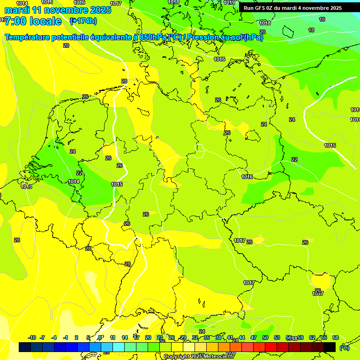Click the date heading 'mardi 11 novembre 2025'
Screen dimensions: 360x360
[58, 10]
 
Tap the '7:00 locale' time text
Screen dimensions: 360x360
[33, 21]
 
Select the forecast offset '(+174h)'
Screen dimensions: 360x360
[83, 21]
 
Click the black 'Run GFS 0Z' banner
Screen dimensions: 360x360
[292, 8]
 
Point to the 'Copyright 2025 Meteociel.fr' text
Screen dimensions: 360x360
[199, 357]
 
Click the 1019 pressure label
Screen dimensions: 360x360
[229, 3]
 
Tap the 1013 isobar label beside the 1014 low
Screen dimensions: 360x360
[26, 187]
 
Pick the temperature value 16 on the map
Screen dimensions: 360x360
[322, 19]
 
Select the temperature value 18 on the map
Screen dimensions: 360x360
[311, 30]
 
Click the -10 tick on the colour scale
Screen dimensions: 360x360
[32, 337]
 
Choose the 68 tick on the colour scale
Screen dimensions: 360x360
[336, 337]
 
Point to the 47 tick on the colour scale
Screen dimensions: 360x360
[254, 337]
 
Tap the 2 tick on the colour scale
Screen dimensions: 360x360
[76, 337]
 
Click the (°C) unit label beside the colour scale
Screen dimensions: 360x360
[345, 347]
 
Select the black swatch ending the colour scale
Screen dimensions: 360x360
[330, 347]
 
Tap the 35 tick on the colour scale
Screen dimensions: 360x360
[206, 337]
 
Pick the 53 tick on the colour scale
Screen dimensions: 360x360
[277, 337]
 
